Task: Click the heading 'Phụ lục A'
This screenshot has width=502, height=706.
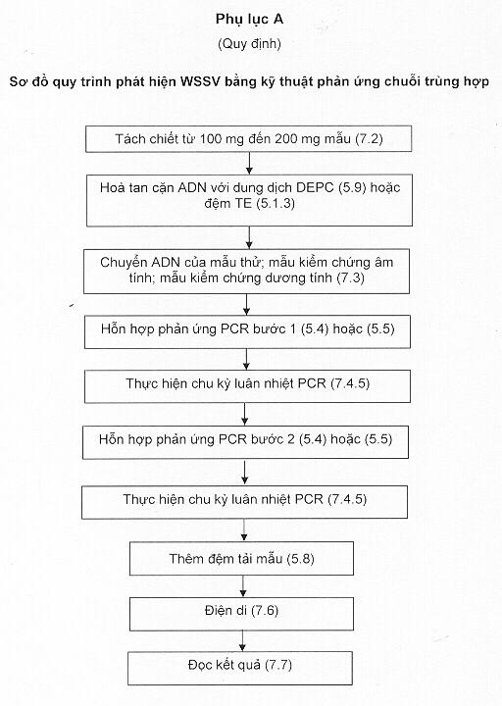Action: point(249,20)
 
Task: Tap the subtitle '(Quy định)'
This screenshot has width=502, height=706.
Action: point(249,44)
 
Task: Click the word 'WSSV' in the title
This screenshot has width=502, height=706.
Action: point(199,81)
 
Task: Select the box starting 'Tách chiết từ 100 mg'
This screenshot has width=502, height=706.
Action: point(248,138)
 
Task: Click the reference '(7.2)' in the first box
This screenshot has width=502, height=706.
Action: point(370,138)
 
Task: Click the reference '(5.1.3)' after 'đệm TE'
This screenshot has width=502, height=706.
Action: point(276,203)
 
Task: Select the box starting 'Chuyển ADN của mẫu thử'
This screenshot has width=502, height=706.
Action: point(247,271)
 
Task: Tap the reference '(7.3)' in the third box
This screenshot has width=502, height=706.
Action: point(351,277)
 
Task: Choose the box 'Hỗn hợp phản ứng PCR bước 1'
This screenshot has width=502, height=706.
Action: point(247,331)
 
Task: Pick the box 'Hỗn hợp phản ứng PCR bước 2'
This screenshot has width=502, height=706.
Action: point(245,442)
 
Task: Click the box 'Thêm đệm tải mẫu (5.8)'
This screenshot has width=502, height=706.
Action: point(241,558)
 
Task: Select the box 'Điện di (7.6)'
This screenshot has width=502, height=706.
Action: point(241,614)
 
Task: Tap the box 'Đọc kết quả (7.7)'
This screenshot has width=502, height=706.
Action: point(240,668)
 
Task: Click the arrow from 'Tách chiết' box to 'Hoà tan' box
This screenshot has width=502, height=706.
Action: point(249,163)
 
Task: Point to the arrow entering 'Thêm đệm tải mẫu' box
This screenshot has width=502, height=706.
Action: point(244,529)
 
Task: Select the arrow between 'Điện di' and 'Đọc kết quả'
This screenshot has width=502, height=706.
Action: point(243,640)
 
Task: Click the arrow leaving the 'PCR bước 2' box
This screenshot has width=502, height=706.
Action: point(245,473)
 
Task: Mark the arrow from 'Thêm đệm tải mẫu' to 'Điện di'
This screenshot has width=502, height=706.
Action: point(243,586)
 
